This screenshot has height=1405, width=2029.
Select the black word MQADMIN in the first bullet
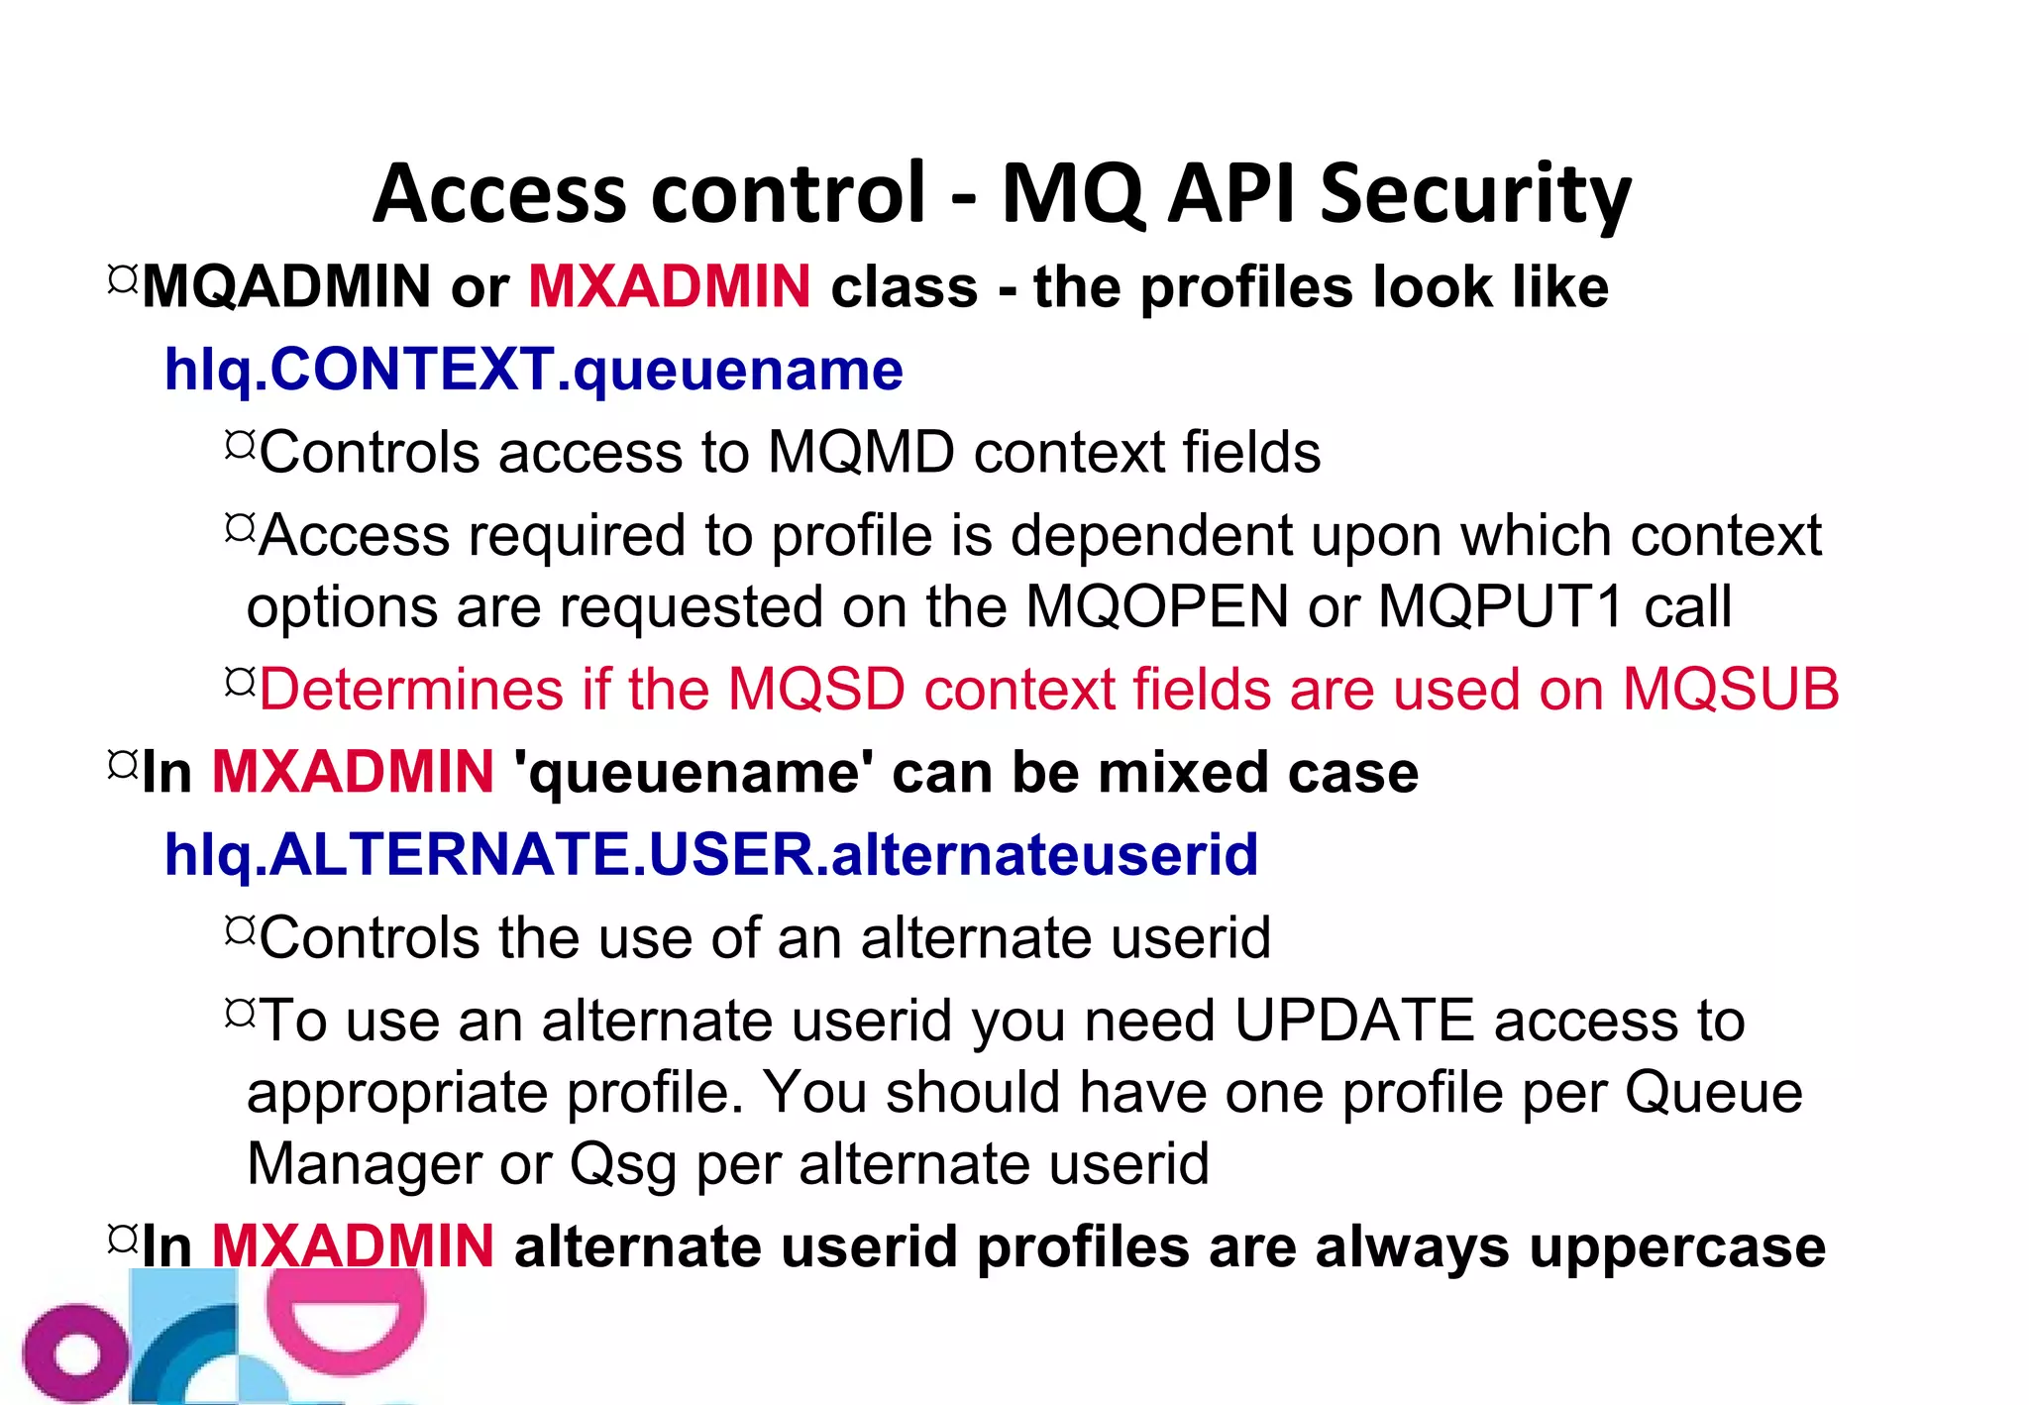pos(287,288)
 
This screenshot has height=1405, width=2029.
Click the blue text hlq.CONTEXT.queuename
pos(534,371)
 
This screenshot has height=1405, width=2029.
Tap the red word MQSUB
pos(1730,690)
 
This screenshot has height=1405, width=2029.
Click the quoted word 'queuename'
pos(693,773)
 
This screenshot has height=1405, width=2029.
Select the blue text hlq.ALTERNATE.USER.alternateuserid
pos(711,855)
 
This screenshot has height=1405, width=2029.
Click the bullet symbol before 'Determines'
pos(240,681)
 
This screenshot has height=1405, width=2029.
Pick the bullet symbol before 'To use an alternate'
pos(240,1013)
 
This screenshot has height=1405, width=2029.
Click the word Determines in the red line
pos(411,690)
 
